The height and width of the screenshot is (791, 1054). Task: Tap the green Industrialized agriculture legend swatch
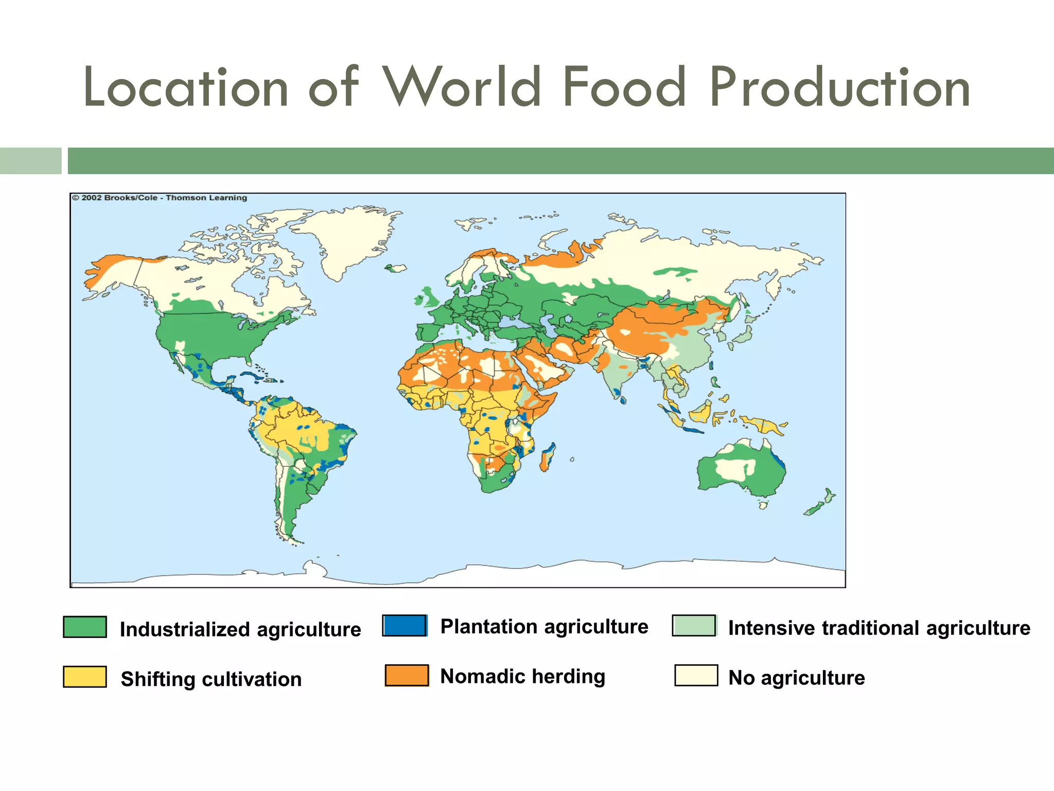(85, 627)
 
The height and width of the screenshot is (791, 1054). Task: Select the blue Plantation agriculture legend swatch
(405, 625)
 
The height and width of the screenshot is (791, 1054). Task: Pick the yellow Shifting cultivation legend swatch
(85, 676)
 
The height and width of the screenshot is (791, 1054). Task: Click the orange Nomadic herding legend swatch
(407, 675)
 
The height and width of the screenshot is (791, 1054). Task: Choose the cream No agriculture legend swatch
(696, 675)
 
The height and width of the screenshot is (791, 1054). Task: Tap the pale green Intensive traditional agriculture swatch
(694, 625)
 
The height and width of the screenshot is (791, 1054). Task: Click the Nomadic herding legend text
(522, 676)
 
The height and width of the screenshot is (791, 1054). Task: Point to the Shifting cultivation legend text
(211, 679)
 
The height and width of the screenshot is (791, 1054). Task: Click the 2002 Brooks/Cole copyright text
(160, 198)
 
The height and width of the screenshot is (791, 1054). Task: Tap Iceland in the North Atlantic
(395, 268)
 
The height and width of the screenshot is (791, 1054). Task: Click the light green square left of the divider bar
(30, 161)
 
